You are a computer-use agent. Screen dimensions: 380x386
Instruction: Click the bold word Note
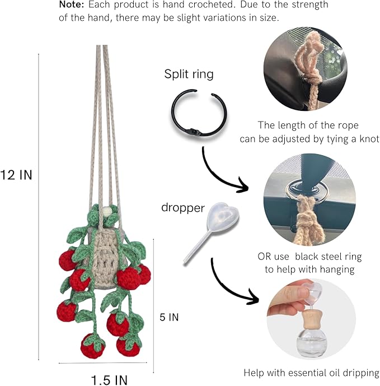pos(72,4)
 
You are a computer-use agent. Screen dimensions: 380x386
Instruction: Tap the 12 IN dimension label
pos(16,175)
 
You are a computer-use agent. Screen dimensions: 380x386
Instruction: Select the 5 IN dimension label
pos(169,317)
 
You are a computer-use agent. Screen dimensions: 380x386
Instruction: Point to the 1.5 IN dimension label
pos(110,380)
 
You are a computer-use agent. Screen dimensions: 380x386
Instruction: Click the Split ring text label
pos(189,74)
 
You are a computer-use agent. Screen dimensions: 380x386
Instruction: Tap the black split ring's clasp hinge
pos(194,132)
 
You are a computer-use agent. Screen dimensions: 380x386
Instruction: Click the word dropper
pos(183,208)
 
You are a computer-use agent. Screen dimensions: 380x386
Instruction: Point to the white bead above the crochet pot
pos(107,212)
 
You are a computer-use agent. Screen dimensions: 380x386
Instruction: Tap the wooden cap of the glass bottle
pos(310,319)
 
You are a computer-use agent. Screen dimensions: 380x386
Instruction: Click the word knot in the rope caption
pos(369,139)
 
